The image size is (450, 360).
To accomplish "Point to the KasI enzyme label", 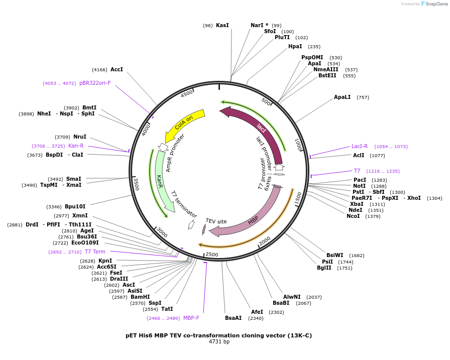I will pyautogui.click(x=222, y=25).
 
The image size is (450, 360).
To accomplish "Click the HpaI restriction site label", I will pyautogui.click(x=295, y=46).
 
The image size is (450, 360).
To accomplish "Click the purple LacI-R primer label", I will pyautogui.click(x=360, y=146).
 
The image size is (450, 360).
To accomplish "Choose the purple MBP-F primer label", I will pyautogui.click(x=191, y=318).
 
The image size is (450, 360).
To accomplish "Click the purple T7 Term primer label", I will pyautogui.click(x=95, y=252).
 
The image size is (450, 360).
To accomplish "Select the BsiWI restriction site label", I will pyautogui.click(x=334, y=255).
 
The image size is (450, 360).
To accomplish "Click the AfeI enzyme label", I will pyautogui.click(x=257, y=312).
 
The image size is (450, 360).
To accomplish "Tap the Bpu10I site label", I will pyautogui.click(x=75, y=206).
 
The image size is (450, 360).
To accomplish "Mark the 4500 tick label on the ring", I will pyautogui.click(x=187, y=94).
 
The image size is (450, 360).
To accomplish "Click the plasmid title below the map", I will pyautogui.click(x=219, y=335).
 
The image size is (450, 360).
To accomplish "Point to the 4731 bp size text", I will pyautogui.click(x=219, y=342).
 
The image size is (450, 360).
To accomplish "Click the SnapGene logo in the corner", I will pyautogui.click(x=434, y=4).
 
